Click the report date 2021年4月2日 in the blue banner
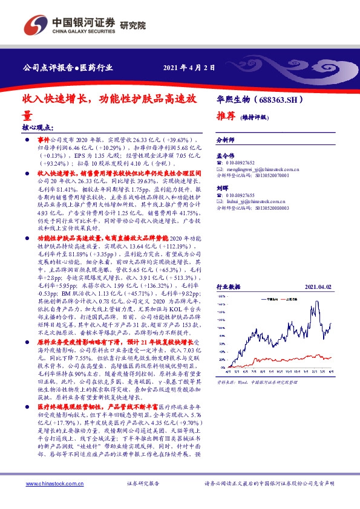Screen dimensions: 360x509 pyautogui.click(x=189, y=67)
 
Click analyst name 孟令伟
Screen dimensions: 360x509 pyautogui.click(x=225, y=156)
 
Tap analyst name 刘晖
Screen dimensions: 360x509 pyautogui.click(x=222, y=189)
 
